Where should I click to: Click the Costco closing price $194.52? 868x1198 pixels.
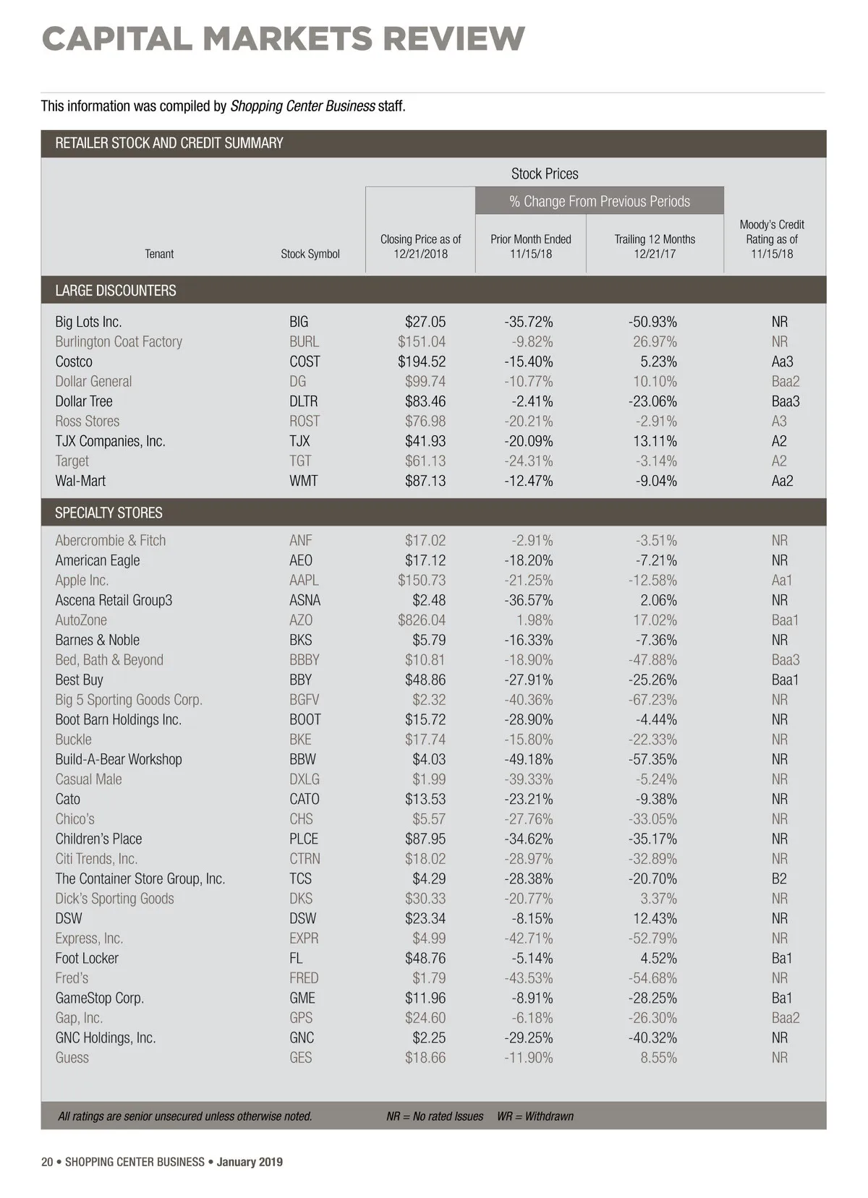(422, 361)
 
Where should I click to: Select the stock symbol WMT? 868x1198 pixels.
(303, 481)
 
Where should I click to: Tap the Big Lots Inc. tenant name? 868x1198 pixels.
(88, 322)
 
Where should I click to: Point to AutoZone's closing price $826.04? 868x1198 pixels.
(422, 620)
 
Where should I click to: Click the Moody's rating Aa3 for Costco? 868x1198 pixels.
(782, 361)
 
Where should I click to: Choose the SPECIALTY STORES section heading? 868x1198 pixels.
(109, 513)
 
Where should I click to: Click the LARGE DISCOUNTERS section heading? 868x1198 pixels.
(116, 291)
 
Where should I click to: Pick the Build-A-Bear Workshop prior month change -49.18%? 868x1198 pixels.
(528, 760)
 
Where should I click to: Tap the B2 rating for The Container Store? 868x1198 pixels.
(779, 879)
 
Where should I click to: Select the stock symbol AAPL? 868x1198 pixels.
(304, 581)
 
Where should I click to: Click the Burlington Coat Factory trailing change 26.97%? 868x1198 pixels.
(655, 342)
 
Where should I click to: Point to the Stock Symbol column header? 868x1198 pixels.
(310, 254)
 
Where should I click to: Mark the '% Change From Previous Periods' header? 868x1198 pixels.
(600, 201)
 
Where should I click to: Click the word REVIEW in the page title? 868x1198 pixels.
(454, 39)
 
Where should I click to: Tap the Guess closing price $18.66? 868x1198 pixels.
(425, 1058)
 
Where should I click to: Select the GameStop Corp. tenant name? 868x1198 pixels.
(100, 998)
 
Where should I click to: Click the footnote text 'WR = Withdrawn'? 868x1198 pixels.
(535, 1116)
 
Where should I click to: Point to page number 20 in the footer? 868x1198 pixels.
(47, 1162)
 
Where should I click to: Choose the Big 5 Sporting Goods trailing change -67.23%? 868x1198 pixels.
(652, 700)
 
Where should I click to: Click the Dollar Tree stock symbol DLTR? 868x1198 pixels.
(303, 401)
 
